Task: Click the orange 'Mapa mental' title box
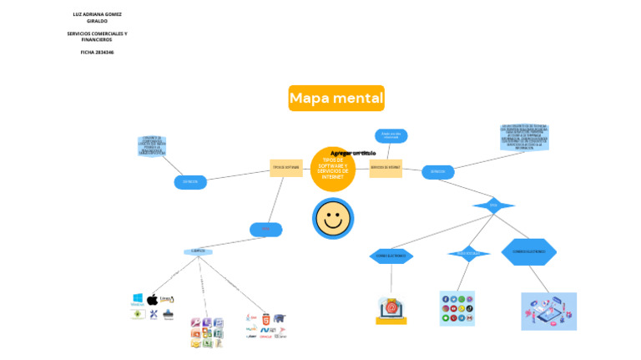coord(336,99)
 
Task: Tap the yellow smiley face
coord(333,219)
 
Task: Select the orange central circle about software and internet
coord(333,169)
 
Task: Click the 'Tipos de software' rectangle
coord(285,168)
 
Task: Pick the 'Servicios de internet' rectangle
coord(386,168)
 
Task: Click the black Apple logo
coord(152,300)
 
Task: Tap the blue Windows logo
coord(138,298)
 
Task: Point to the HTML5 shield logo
coord(265,319)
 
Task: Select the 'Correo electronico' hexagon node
coord(391,256)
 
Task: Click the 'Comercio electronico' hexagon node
coord(528,251)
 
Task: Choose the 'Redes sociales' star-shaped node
coord(468,253)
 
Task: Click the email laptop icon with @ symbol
coord(391,309)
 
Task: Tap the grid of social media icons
coord(457,308)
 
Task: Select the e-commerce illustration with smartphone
coord(548,311)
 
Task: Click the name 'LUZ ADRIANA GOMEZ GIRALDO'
coord(97,18)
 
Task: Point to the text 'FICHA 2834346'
coord(97,52)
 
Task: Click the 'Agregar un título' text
coord(353,154)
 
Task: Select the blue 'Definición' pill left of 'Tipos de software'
coord(190,181)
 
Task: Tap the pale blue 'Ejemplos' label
coord(198,251)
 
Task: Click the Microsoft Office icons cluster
coord(207,332)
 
